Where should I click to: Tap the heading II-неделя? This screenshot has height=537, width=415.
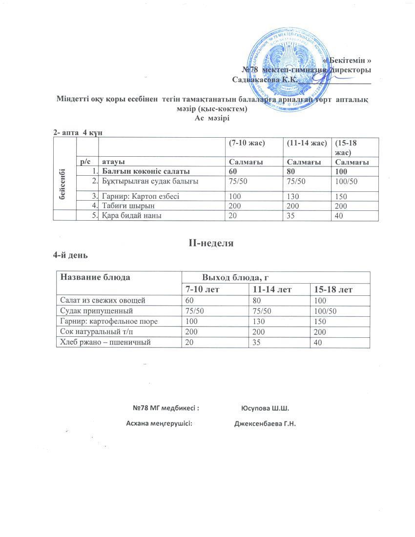pos(211,242)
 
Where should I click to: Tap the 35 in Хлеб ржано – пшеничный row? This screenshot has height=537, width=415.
pos(256,342)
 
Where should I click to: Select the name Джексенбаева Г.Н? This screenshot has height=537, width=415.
pos(266,423)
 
